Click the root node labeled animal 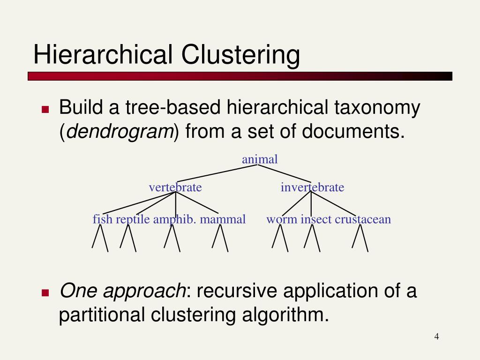260,159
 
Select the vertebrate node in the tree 175,187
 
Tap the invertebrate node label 312,187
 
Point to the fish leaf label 103,219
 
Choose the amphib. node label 174,219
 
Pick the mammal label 223,219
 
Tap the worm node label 282,219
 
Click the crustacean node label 363,219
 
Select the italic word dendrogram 120,132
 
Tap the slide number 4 436,337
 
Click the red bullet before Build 45,110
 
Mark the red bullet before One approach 45,293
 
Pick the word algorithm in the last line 284,315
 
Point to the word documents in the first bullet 352,132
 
